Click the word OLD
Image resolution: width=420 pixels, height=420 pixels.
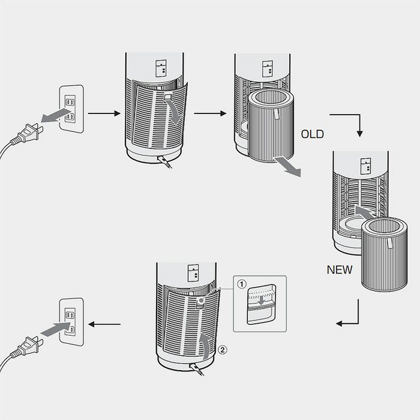coord(313,134)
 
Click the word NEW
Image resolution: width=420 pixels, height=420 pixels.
coord(340,270)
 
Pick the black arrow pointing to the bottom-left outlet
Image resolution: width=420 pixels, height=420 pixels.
coord(104,325)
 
